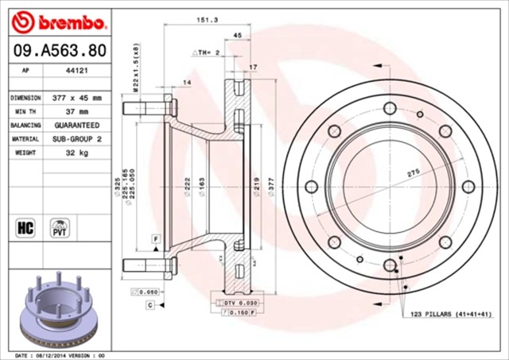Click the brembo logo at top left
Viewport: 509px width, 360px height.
pyautogui.click(x=56, y=19)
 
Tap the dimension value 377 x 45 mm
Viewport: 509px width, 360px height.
pyautogui.click(x=76, y=98)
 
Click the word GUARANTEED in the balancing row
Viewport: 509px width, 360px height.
pyautogui.click(x=76, y=126)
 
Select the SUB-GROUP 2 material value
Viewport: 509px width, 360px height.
pyautogui.click(x=76, y=139)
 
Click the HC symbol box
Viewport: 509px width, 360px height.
pyautogui.click(x=24, y=228)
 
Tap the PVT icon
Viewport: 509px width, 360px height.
pyautogui.click(x=58, y=228)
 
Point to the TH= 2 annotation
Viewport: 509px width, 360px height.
pyautogui.click(x=205, y=52)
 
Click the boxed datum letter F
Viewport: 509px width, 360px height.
pyautogui.click(x=157, y=238)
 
